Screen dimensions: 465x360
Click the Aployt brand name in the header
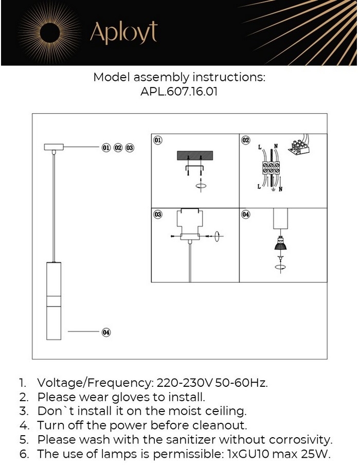point(123,32)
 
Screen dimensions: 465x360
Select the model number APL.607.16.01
point(179,93)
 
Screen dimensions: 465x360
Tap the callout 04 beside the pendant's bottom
point(106,332)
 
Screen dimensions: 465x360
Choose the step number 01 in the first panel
point(158,140)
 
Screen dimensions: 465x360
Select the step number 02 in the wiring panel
point(246,140)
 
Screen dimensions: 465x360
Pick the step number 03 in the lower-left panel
point(158,214)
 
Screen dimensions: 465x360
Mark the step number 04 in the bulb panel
point(246,214)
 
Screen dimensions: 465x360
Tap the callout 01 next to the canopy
point(106,148)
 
